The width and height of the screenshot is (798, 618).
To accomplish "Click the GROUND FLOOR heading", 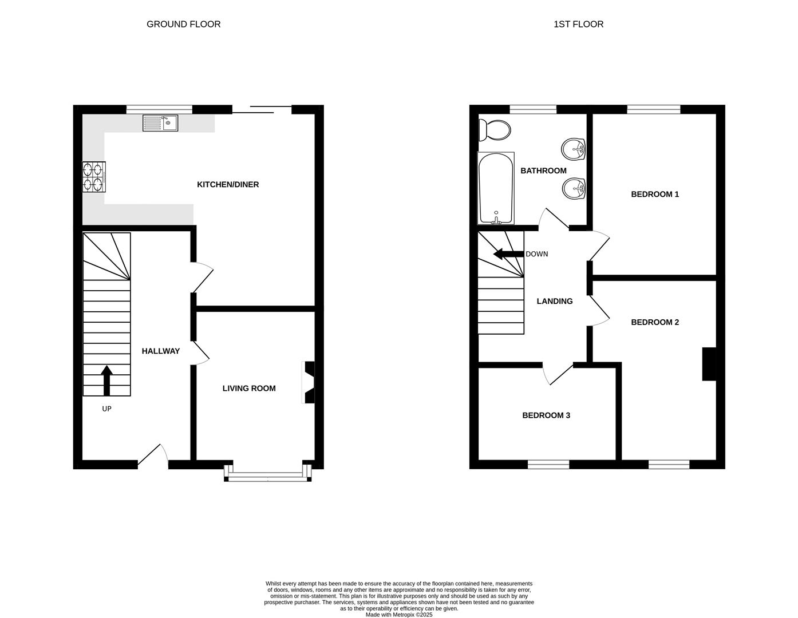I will tap(183, 24).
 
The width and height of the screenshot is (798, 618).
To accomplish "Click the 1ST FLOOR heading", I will tap(578, 24).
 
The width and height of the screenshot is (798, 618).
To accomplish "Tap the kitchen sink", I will tap(160, 122).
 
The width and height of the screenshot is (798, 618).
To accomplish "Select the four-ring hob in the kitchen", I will tap(94, 177).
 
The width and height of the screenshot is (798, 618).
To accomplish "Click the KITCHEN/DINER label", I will tap(228, 184).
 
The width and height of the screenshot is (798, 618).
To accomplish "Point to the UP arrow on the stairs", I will tap(106, 381).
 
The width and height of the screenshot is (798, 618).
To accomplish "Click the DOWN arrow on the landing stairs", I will tap(509, 254).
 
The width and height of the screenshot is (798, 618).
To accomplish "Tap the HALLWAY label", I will tap(161, 351).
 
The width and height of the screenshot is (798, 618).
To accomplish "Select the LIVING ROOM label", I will tap(249, 388).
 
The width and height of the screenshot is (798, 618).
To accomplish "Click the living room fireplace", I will tap(309, 382).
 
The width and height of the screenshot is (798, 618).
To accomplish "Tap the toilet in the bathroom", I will tap(496, 130).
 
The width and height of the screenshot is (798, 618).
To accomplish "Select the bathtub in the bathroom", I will tap(496, 188).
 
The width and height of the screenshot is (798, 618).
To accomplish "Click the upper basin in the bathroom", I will tap(574, 150).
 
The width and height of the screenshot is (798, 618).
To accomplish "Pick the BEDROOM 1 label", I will tap(655, 194).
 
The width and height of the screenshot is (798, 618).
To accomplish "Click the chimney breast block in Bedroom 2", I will tap(709, 364).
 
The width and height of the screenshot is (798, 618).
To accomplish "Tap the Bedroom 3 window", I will tap(548, 464).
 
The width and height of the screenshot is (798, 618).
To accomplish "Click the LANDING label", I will tap(554, 301).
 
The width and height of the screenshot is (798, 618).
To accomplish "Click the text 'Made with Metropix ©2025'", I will tap(399, 615).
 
